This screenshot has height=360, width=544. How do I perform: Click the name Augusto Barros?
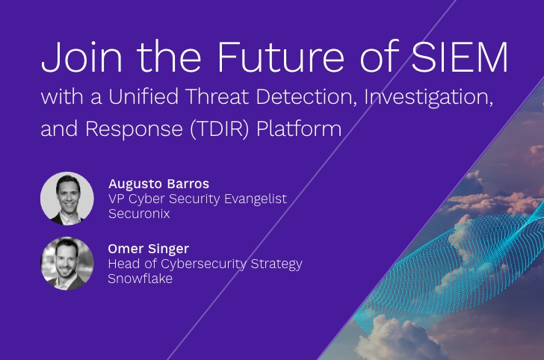158,184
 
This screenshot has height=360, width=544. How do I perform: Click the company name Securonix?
139,214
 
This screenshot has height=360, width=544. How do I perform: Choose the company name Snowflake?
140,279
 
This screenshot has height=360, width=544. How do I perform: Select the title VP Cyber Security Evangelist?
197,199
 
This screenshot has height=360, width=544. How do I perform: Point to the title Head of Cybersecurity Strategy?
205,264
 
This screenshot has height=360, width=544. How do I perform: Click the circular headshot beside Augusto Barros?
67,198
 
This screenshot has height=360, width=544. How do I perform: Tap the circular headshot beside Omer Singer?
67,263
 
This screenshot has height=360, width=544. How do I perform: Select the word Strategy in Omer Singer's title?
276,264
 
